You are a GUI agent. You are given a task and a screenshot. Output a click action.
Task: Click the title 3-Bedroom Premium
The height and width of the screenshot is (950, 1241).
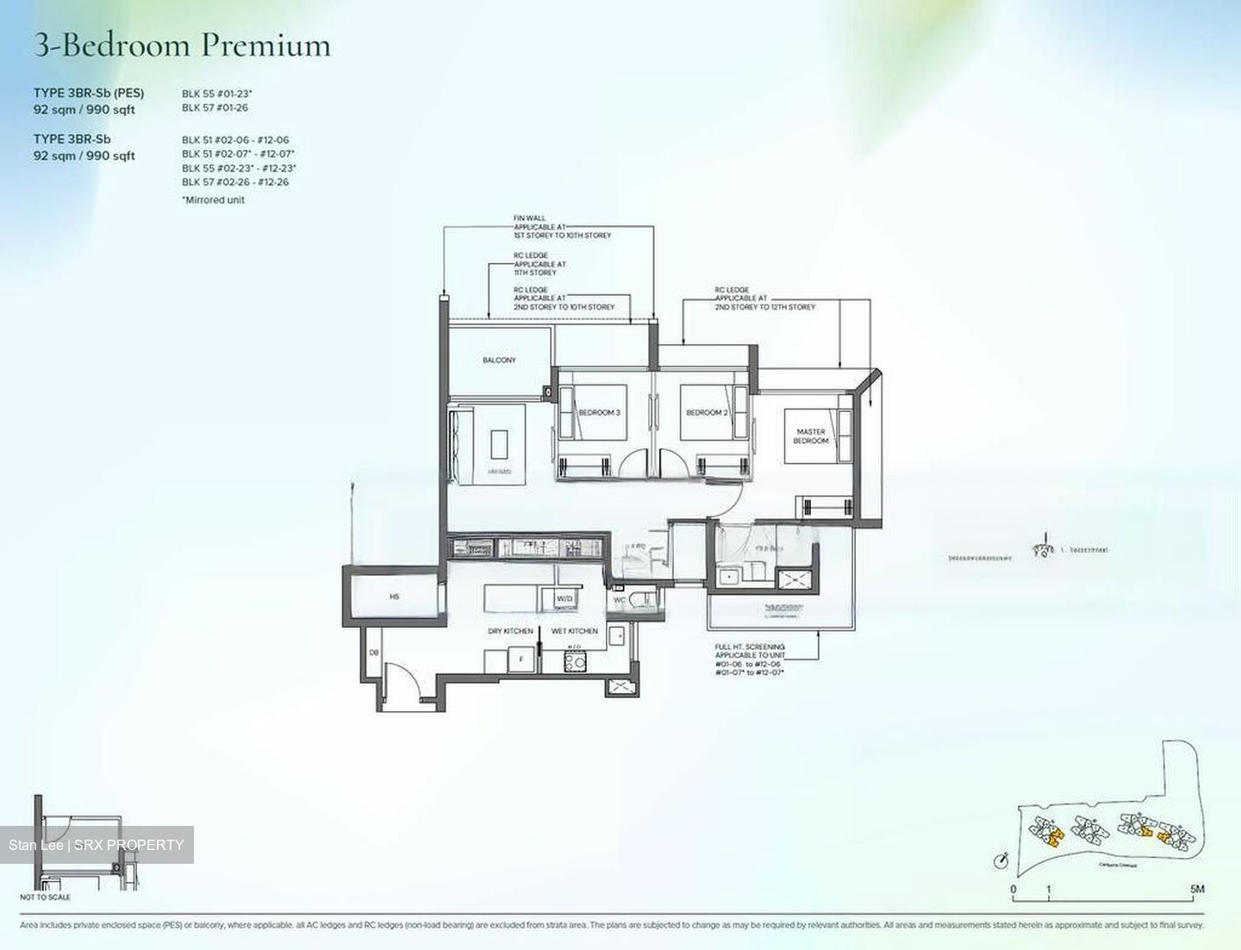[x=182, y=45]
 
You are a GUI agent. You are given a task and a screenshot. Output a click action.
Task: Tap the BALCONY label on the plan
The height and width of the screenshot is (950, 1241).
[x=499, y=360]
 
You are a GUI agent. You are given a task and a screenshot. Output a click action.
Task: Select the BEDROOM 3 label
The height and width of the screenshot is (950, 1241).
[x=599, y=413]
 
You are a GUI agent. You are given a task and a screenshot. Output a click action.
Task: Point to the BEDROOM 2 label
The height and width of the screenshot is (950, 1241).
[x=707, y=413]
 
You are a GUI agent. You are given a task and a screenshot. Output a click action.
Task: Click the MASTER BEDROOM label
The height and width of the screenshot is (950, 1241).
[x=811, y=436]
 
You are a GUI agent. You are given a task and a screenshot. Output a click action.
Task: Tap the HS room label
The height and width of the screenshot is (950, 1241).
[x=395, y=597]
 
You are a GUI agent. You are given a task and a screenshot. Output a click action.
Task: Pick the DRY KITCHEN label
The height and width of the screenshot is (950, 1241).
[x=510, y=631]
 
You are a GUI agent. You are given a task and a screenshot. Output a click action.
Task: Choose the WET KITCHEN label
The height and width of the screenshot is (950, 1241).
[x=574, y=631]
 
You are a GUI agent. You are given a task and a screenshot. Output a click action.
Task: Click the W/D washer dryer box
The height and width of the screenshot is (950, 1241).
[x=564, y=598]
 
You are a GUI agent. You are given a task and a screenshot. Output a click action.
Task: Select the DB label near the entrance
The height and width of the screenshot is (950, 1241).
[x=374, y=653]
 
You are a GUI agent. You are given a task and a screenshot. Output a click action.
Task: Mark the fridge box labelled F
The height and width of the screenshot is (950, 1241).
[x=520, y=661]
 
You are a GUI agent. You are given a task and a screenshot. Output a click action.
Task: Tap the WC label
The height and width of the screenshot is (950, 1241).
[x=620, y=600]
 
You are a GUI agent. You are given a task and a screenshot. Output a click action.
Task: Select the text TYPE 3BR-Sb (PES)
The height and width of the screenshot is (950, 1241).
[x=89, y=93]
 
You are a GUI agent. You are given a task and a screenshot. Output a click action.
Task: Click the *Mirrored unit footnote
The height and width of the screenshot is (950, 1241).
[x=213, y=200]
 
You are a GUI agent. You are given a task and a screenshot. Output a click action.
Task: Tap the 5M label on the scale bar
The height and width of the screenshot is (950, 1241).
[x=1197, y=889]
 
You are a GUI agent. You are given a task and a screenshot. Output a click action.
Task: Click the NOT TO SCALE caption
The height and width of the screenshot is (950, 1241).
[x=45, y=897]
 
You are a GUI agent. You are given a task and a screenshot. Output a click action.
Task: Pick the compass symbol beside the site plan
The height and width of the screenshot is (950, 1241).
[x=1001, y=860]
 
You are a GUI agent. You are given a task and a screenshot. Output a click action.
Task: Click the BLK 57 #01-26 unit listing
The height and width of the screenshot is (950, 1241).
[x=215, y=108]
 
